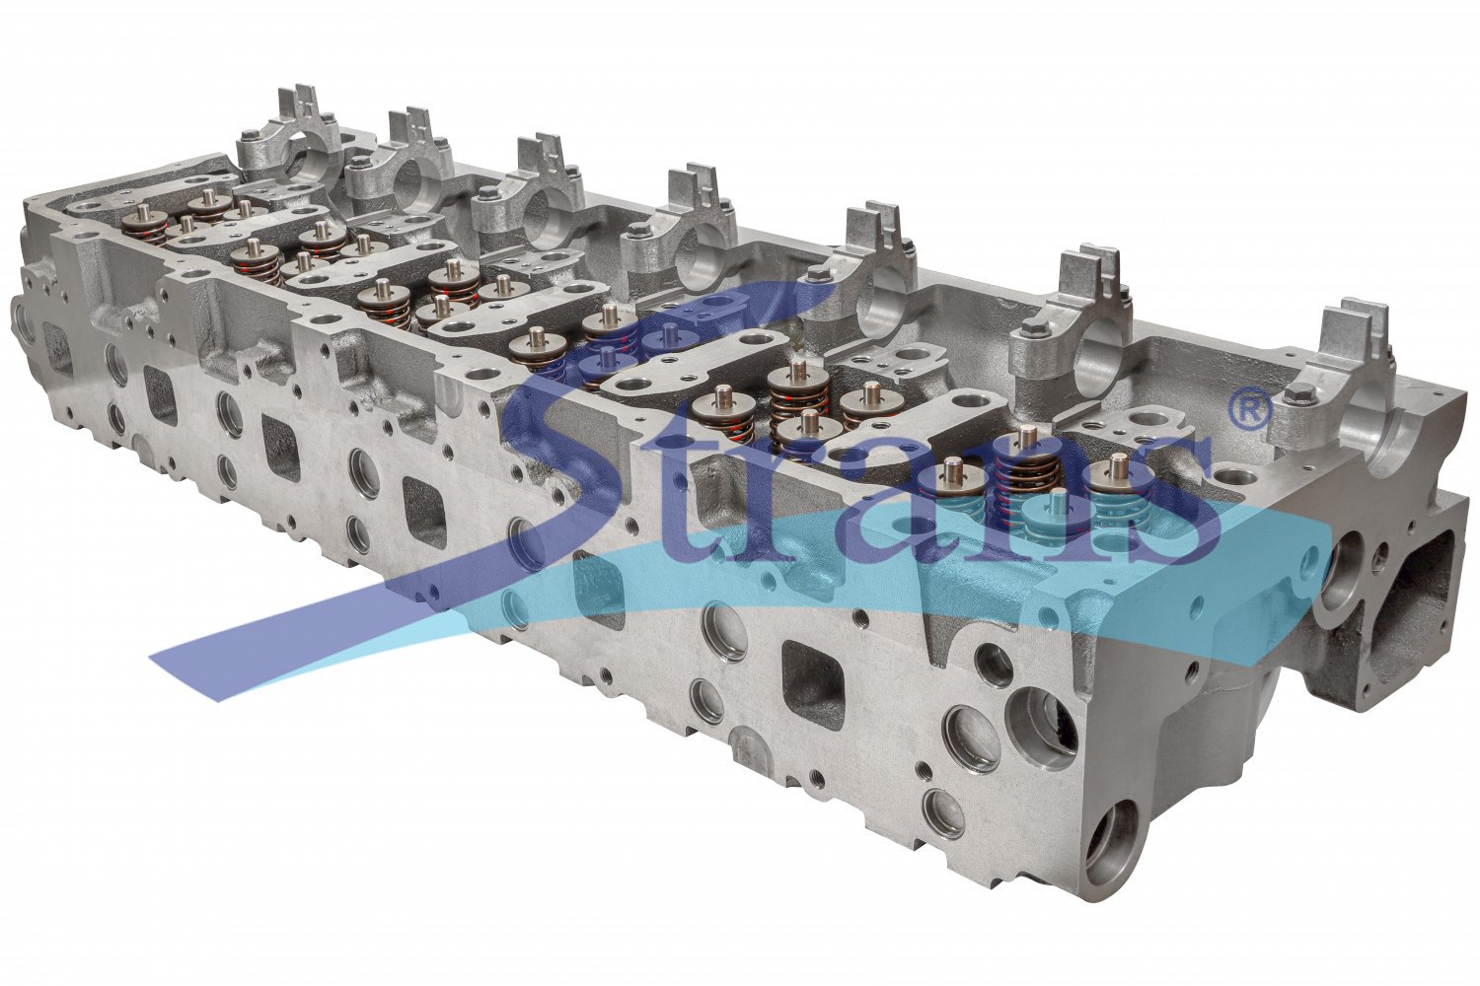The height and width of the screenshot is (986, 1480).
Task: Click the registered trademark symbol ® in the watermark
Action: pos(1253,407)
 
